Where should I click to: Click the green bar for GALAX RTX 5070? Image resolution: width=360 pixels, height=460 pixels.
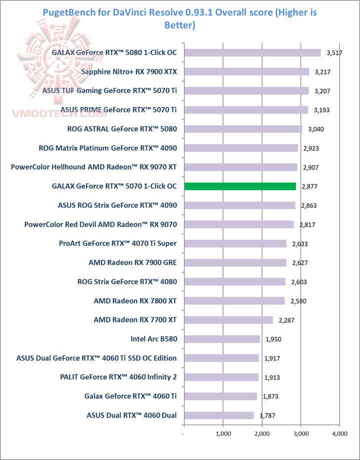point(240,186)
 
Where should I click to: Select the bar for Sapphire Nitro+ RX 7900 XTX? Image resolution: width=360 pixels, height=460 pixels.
point(247,72)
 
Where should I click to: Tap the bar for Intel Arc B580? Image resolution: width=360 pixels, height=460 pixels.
point(222,339)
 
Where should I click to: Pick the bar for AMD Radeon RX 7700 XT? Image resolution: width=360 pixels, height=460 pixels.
point(229,320)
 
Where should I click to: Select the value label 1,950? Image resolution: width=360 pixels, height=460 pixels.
point(272,339)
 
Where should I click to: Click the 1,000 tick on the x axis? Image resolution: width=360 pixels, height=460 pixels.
point(223,434)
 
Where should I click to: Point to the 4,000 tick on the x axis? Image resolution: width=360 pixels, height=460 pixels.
point(339,434)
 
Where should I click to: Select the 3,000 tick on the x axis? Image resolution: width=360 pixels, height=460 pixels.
point(300,434)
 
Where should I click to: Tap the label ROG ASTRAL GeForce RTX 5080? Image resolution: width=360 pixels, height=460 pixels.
point(121,129)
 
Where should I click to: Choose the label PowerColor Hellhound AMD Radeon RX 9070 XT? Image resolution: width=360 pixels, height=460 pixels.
point(94,167)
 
